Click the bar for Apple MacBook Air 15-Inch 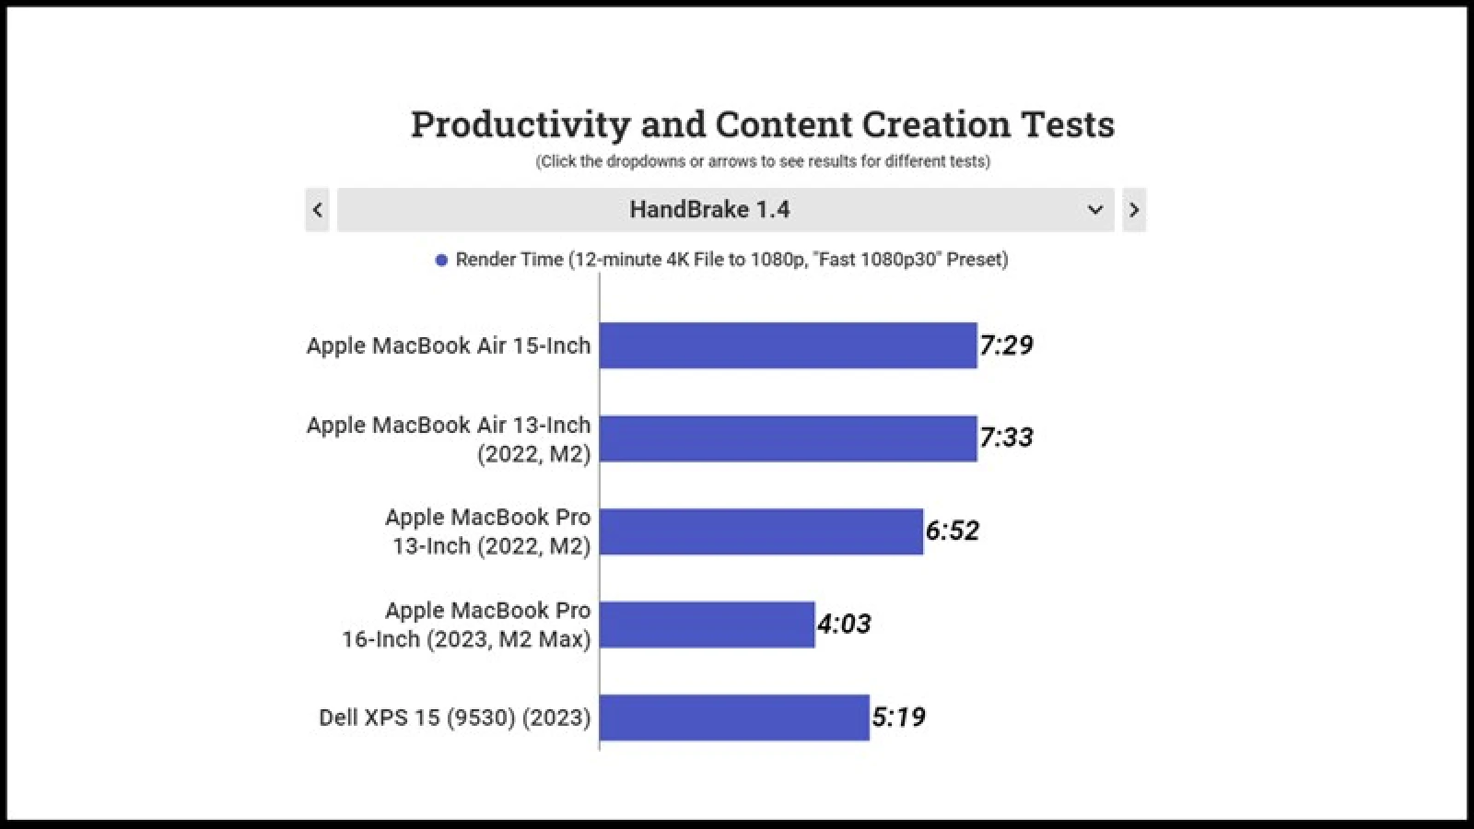tap(788, 345)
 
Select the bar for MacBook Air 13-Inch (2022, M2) tap(788, 438)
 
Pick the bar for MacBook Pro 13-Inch tap(761, 531)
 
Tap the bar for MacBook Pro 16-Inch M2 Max tap(707, 625)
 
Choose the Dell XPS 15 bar tap(734, 718)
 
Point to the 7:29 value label tap(1006, 345)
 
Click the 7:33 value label tap(1006, 438)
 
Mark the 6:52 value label tap(953, 531)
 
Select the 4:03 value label tap(844, 625)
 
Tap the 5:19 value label tap(898, 718)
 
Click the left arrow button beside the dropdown tap(317, 210)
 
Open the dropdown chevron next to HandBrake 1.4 tap(1095, 210)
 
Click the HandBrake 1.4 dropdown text tap(709, 210)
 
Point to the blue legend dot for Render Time tap(441, 261)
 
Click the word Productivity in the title tap(521, 124)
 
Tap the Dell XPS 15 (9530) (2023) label tap(454, 718)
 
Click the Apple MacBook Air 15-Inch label tap(449, 345)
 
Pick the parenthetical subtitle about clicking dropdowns tap(763, 162)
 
